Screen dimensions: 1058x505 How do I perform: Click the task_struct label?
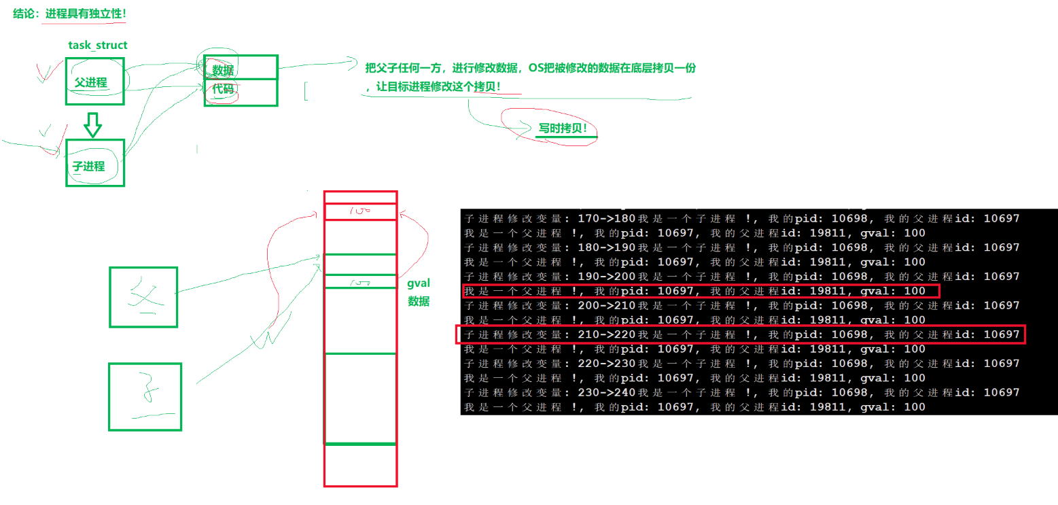click(x=97, y=45)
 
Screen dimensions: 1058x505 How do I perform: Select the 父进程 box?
click(x=94, y=82)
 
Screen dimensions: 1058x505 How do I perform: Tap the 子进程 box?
click(x=94, y=163)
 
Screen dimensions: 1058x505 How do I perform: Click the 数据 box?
click(x=241, y=67)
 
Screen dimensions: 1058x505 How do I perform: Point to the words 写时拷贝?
click(x=562, y=128)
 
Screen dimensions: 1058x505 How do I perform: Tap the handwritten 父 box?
click(x=143, y=296)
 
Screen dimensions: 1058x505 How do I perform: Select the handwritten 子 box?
click(x=145, y=396)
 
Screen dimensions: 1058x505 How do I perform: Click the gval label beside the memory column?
click(x=419, y=283)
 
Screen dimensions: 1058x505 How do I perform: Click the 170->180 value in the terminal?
click(x=605, y=219)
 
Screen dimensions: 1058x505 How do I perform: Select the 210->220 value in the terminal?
click(x=605, y=334)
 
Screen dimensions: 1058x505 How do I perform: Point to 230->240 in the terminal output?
click(x=605, y=392)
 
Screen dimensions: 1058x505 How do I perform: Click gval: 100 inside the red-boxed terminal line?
click(x=892, y=291)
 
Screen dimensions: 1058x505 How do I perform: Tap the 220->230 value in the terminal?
click(x=605, y=364)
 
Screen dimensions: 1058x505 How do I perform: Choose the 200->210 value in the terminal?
click(x=605, y=306)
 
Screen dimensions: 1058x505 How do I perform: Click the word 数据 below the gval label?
click(x=419, y=301)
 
